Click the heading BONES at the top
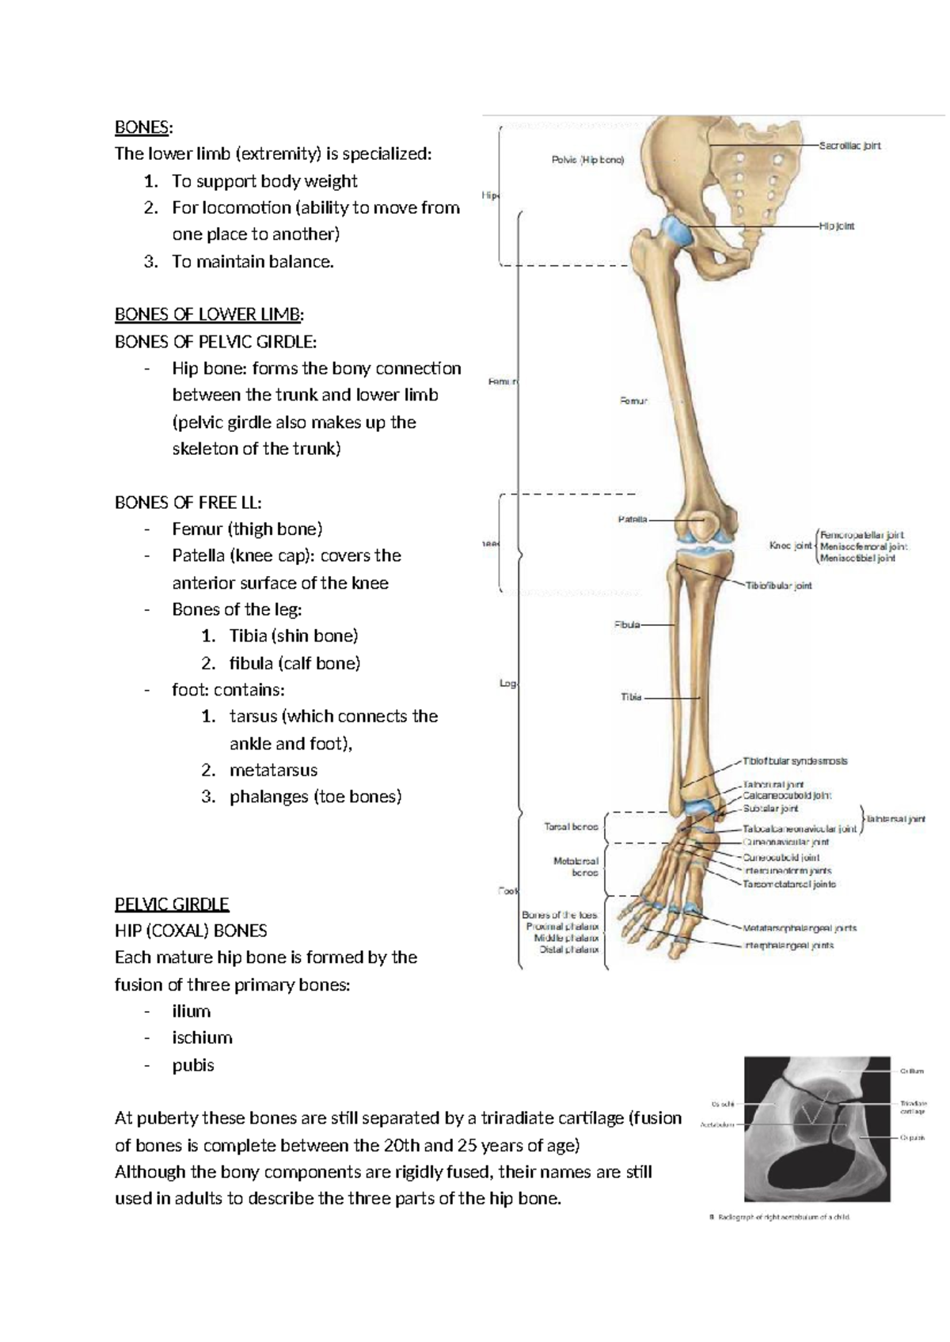click(x=142, y=127)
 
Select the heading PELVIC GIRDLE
click(x=171, y=904)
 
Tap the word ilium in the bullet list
click(x=191, y=1011)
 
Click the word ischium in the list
click(x=202, y=1037)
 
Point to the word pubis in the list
click(x=193, y=1065)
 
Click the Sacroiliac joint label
click(x=849, y=146)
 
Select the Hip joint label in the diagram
click(x=837, y=226)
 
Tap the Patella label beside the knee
click(x=633, y=520)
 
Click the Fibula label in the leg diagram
click(x=627, y=625)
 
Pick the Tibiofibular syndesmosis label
click(x=795, y=761)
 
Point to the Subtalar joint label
click(x=770, y=809)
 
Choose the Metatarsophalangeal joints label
click(x=800, y=928)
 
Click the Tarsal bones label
click(x=571, y=827)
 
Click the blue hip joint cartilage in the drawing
click(x=678, y=230)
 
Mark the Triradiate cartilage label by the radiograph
click(x=913, y=1106)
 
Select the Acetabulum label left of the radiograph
click(x=717, y=1124)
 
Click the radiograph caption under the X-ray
click(x=779, y=1239)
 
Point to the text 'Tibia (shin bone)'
click(x=293, y=636)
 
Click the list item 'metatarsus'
click(x=273, y=770)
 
